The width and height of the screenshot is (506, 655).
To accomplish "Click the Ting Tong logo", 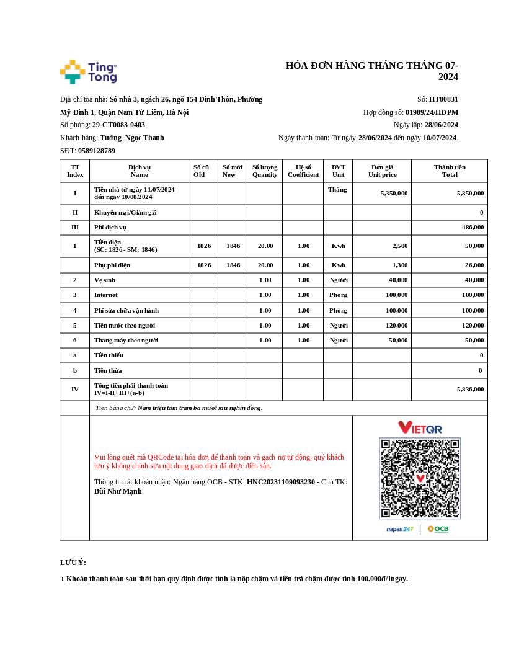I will [88, 72].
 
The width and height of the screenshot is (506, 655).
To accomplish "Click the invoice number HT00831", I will [443, 99].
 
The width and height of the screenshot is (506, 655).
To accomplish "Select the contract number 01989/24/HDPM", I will [432, 112].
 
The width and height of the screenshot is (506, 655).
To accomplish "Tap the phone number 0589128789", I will [96, 151].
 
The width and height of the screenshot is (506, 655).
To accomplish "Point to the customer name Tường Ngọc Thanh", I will [132, 138].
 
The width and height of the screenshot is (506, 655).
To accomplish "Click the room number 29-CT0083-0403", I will [118, 125].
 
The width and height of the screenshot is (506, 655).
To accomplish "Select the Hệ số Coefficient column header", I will [303, 171].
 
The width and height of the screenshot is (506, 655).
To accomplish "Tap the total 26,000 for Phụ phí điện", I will [474, 265].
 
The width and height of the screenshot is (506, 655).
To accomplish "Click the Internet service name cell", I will [106, 295].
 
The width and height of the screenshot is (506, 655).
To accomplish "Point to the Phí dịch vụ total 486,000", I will [473, 228].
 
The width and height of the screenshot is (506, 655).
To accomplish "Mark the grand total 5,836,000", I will [470, 390].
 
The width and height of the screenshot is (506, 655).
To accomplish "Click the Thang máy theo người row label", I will [126, 340].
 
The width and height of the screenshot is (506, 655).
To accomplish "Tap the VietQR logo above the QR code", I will [420, 427].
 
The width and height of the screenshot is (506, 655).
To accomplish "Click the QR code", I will [420, 478].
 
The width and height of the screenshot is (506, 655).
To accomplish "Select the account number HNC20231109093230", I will [281, 482].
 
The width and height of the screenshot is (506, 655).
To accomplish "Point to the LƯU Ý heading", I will [73, 563].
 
